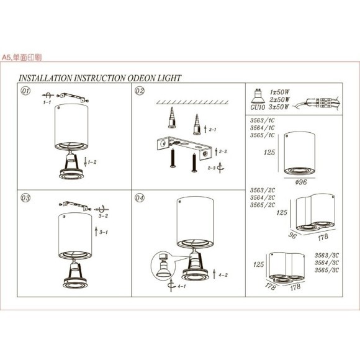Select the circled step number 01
point(26,91)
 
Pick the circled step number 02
point(140,91)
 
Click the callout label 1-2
point(92,162)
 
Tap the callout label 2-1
point(212,130)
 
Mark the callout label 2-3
point(212,168)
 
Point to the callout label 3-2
point(103,217)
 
